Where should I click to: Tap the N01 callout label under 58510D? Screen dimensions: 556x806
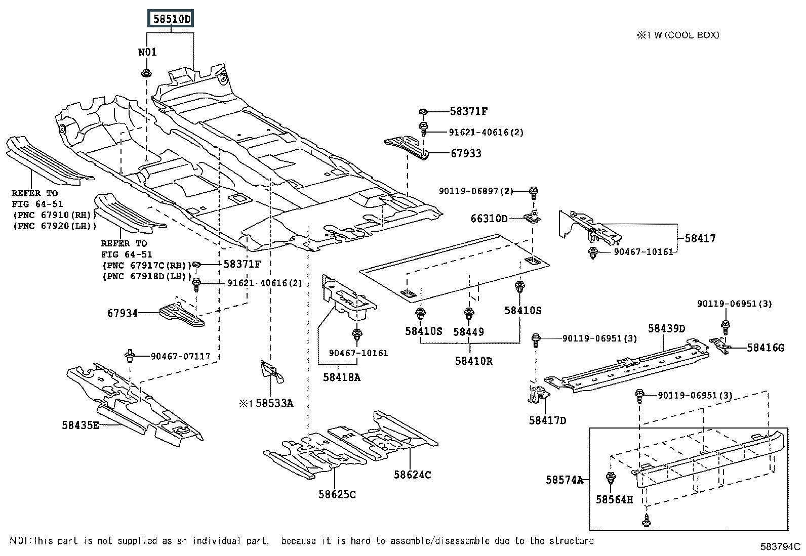147,52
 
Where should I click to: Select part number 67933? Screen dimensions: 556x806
466,153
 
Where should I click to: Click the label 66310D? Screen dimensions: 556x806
489,219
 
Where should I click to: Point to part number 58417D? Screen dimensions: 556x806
547,420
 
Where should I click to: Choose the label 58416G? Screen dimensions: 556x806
765,348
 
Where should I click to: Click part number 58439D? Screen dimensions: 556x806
666,329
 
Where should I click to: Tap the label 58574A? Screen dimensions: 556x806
564,480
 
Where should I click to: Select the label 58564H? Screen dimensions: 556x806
614,500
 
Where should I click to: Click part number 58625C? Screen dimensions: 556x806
337,494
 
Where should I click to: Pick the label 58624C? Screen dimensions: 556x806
413,475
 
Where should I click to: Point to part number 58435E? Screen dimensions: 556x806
81,425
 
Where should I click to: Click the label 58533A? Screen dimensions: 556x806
274,403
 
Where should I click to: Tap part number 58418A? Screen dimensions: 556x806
342,377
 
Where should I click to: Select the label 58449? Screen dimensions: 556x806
468,332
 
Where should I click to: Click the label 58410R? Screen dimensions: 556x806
473,361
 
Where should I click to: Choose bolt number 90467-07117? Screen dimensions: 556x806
180,356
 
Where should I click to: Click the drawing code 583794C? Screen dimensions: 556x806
780,547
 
